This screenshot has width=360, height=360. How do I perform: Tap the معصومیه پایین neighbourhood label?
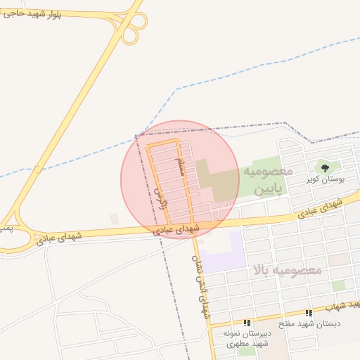click(x=268, y=181)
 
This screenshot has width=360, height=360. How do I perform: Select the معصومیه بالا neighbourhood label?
click(x=285, y=270)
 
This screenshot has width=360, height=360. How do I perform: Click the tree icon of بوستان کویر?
click(x=325, y=167)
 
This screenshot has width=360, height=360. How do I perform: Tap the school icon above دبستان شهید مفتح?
click(x=309, y=313)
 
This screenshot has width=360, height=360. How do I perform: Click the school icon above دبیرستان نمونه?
click(x=247, y=321)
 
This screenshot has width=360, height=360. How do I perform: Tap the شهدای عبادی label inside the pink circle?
click(x=176, y=229)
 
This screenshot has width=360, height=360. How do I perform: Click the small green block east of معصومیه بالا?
click(x=339, y=285)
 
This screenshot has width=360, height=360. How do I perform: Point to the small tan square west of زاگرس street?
click(x=115, y=219)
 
